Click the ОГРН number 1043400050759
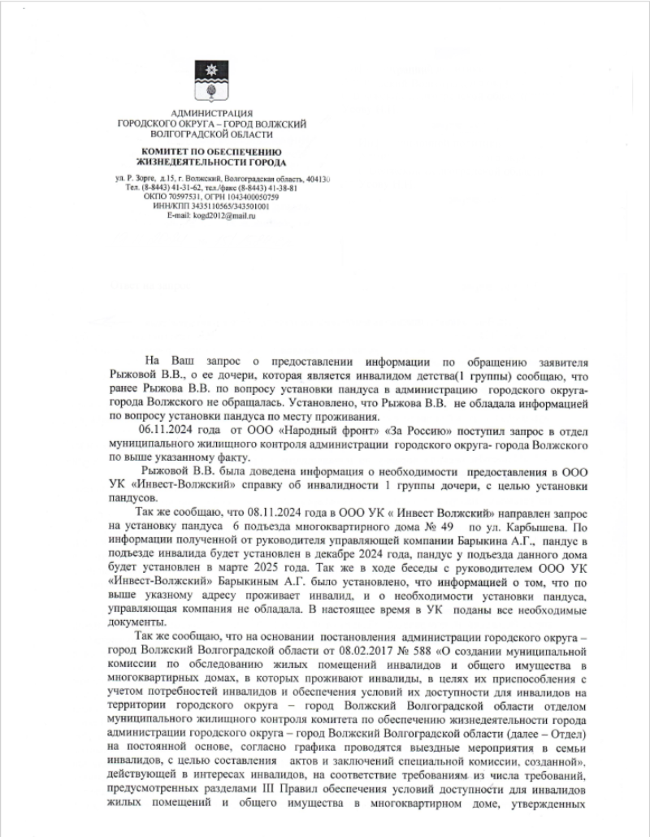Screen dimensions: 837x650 click(252, 197)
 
